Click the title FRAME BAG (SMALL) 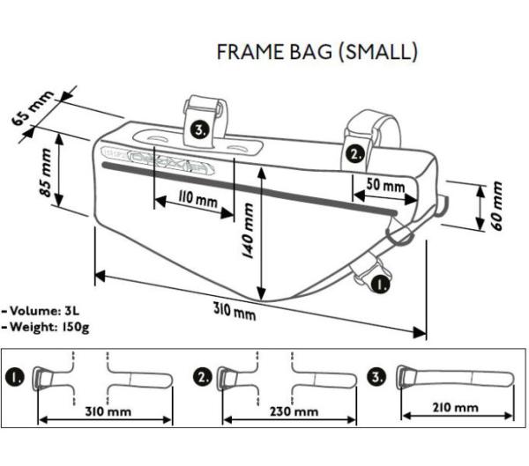point(317,52)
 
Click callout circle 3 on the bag point(201,130)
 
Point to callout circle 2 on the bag point(354,152)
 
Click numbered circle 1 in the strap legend point(17,376)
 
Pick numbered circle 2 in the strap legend point(202,376)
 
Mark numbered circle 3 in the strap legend point(380,376)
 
